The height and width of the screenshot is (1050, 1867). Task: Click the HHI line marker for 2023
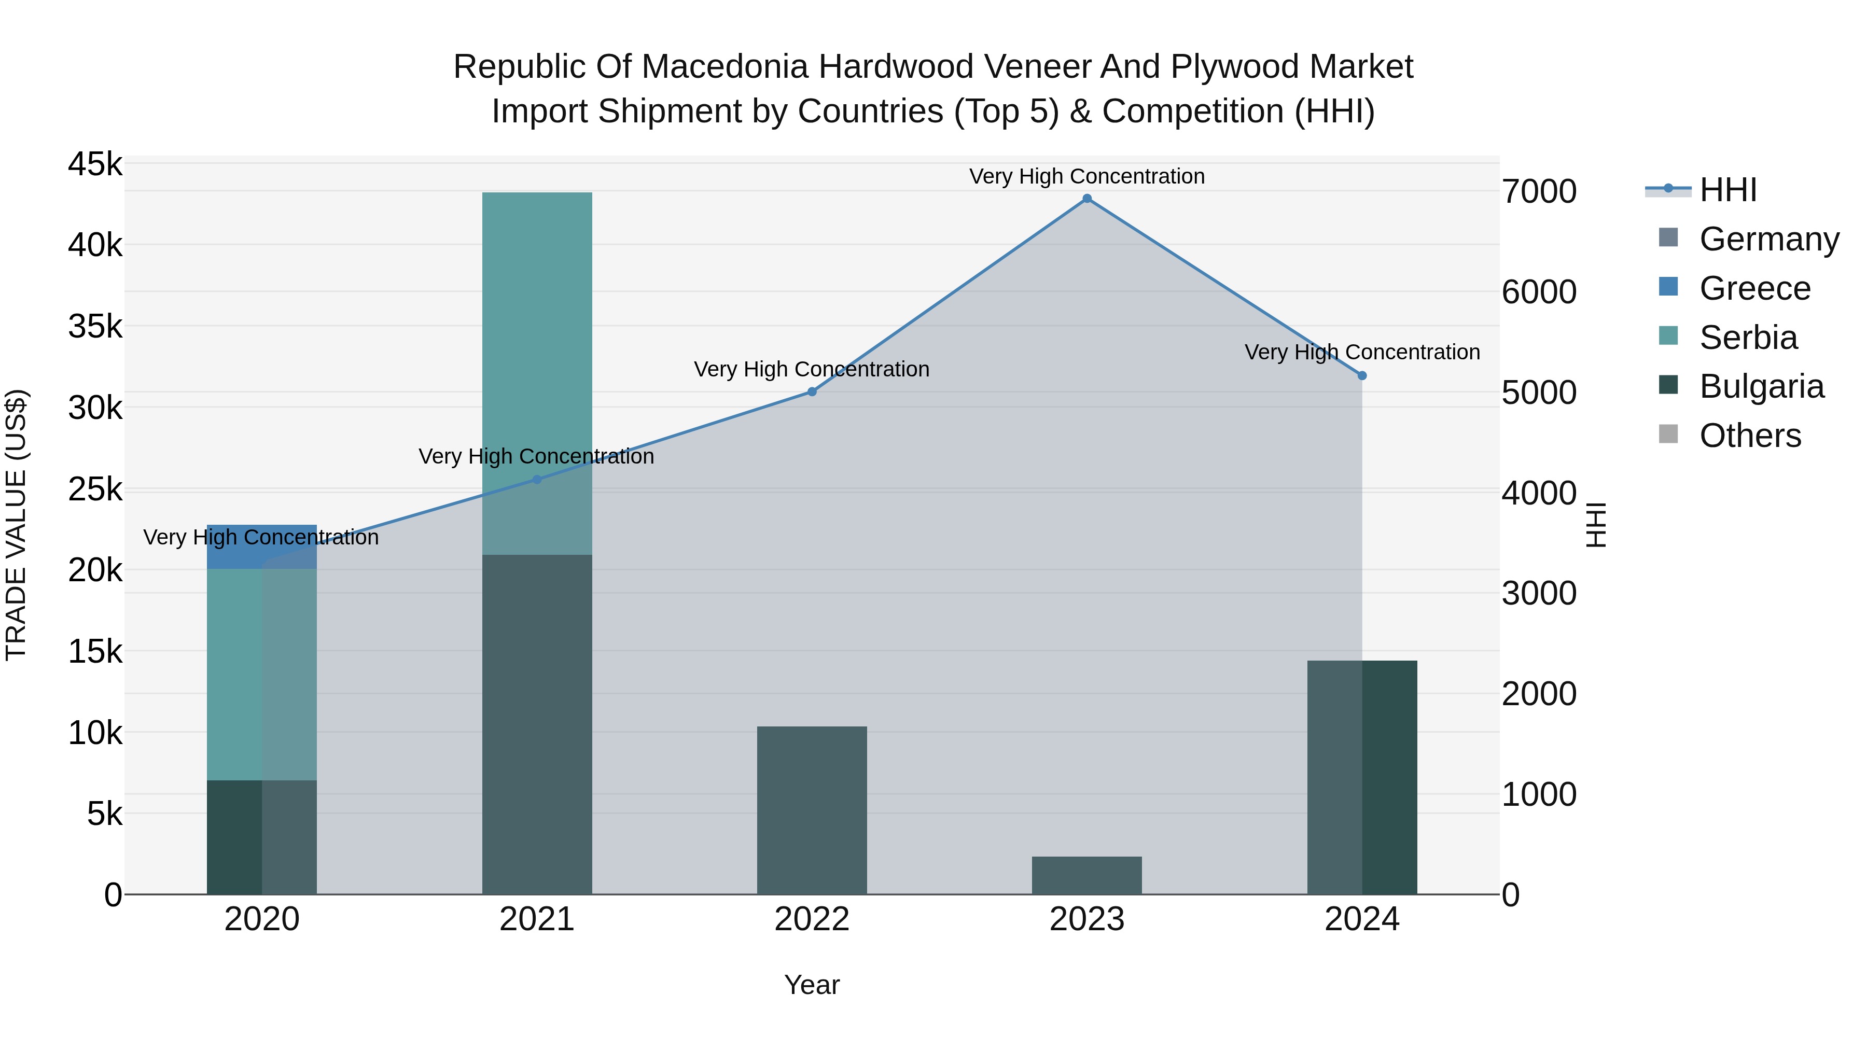(x=1086, y=199)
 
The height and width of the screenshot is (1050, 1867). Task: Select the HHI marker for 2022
(x=812, y=392)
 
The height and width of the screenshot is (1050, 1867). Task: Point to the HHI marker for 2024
(x=1362, y=375)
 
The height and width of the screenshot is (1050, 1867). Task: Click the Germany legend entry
(x=1768, y=239)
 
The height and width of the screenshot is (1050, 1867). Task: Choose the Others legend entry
(x=1750, y=436)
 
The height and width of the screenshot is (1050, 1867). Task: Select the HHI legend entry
(x=1728, y=190)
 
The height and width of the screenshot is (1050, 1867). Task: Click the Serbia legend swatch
(x=1668, y=335)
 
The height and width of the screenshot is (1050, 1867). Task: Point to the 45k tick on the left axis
(x=95, y=164)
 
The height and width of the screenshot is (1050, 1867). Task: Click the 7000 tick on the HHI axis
(x=1539, y=192)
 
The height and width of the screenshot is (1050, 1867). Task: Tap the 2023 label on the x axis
(x=1086, y=919)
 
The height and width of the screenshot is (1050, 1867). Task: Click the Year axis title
(x=812, y=985)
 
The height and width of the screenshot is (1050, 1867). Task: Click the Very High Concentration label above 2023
(x=1086, y=177)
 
